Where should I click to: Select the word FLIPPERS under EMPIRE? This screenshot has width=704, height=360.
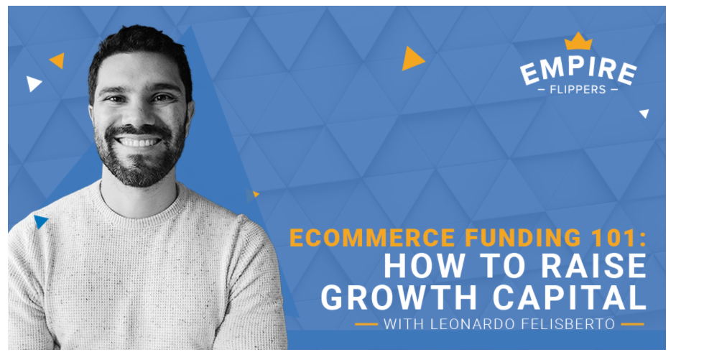[x=578, y=90]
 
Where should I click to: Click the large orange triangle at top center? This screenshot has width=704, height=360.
[x=412, y=58]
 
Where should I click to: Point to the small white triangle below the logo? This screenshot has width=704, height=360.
[x=645, y=113]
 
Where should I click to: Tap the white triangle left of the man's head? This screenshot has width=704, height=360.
[x=33, y=83]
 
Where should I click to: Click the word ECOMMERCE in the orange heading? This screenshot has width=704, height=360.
[x=372, y=238]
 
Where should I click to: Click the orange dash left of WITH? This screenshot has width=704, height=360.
[x=366, y=324]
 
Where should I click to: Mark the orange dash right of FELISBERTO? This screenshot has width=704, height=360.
[x=633, y=324]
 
